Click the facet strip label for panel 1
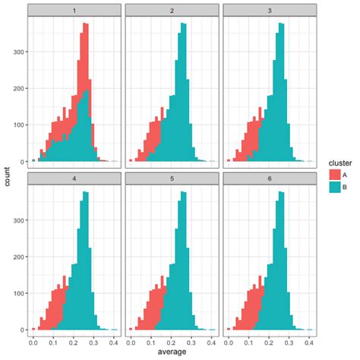coord(74,10)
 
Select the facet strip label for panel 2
coord(172,10)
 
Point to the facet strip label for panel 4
coord(74,177)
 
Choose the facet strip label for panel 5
coord(172,177)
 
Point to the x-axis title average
coord(172,353)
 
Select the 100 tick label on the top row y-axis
coord(17,125)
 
